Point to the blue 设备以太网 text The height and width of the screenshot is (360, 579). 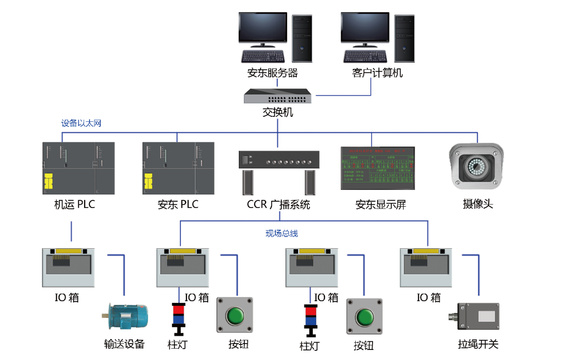click(81, 123)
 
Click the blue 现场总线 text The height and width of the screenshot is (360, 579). click(282, 234)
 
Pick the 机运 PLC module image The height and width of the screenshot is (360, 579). click(78, 168)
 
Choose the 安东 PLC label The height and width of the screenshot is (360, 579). click(178, 204)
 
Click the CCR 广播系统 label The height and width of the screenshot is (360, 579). click(278, 204)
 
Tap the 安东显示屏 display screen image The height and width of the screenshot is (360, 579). click(378, 168)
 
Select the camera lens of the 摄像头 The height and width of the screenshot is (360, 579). click(476, 167)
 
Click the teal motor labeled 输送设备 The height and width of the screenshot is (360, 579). click(126, 316)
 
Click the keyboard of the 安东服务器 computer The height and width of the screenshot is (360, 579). click(263, 56)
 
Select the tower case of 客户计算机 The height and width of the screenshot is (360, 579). click(405, 38)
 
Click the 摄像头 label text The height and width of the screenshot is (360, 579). click(478, 204)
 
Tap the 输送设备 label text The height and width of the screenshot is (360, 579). click(124, 344)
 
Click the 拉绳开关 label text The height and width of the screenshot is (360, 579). click(478, 344)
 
